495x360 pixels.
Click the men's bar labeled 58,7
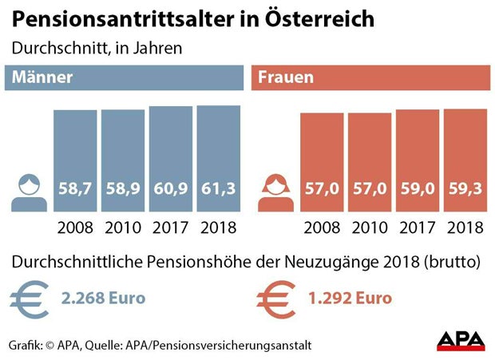pos(75,160)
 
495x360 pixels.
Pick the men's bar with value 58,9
pos(122,160)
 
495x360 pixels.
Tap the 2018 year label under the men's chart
pos(218,227)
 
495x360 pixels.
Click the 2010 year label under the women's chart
pos(370,227)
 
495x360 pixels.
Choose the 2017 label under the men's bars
pos(170,227)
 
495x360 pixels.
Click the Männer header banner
pos(125,78)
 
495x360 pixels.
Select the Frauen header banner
pos(370,78)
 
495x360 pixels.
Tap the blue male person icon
pos(30,191)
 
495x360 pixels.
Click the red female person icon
pos(276,192)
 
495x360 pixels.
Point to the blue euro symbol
pos(30,299)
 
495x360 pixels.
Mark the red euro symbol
pos(276,299)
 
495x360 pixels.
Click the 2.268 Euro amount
pos(104,299)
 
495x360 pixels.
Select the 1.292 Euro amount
pos(350,299)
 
